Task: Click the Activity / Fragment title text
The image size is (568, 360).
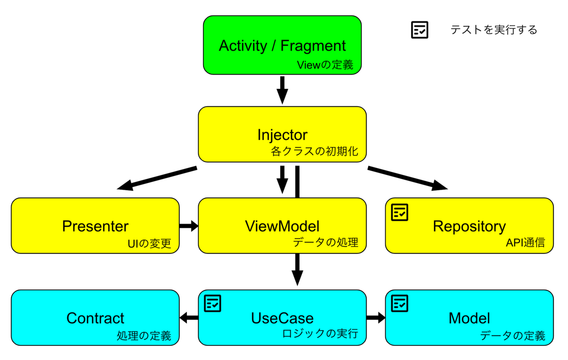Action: tap(282, 46)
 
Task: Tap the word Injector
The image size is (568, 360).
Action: tap(282, 135)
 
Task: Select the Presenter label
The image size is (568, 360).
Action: tap(95, 226)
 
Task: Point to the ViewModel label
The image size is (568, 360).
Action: tap(282, 226)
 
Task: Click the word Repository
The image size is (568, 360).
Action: tap(469, 227)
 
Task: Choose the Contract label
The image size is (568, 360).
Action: tap(95, 318)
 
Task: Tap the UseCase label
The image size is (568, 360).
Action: tap(282, 318)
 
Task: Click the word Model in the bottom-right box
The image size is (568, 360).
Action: tap(469, 318)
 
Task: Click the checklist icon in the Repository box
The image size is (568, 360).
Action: tap(399, 212)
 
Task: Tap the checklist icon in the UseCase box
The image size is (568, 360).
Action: tap(213, 303)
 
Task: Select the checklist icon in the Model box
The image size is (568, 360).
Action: tap(399, 303)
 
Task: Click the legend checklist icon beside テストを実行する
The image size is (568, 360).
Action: tap(420, 30)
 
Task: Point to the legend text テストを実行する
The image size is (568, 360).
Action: tap(494, 30)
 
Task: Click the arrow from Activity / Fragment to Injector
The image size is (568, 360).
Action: tap(282, 90)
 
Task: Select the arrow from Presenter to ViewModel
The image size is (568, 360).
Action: tap(189, 226)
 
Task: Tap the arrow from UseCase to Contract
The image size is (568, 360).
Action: tap(189, 318)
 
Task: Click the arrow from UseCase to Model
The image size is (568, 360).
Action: tap(376, 318)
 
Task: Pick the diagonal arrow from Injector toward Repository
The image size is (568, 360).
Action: tap(408, 178)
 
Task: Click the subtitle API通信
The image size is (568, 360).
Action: tap(525, 243)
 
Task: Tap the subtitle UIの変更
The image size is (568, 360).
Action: tap(150, 244)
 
